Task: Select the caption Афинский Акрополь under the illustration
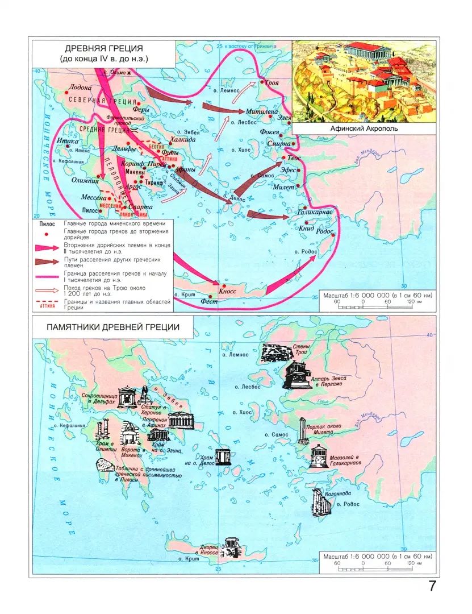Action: pos(364,128)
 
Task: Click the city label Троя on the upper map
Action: pos(272,83)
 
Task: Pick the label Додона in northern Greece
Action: pos(79,88)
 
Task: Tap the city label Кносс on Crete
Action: pos(227,291)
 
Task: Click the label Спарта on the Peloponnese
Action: pos(140,208)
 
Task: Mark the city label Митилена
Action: pos(262,112)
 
